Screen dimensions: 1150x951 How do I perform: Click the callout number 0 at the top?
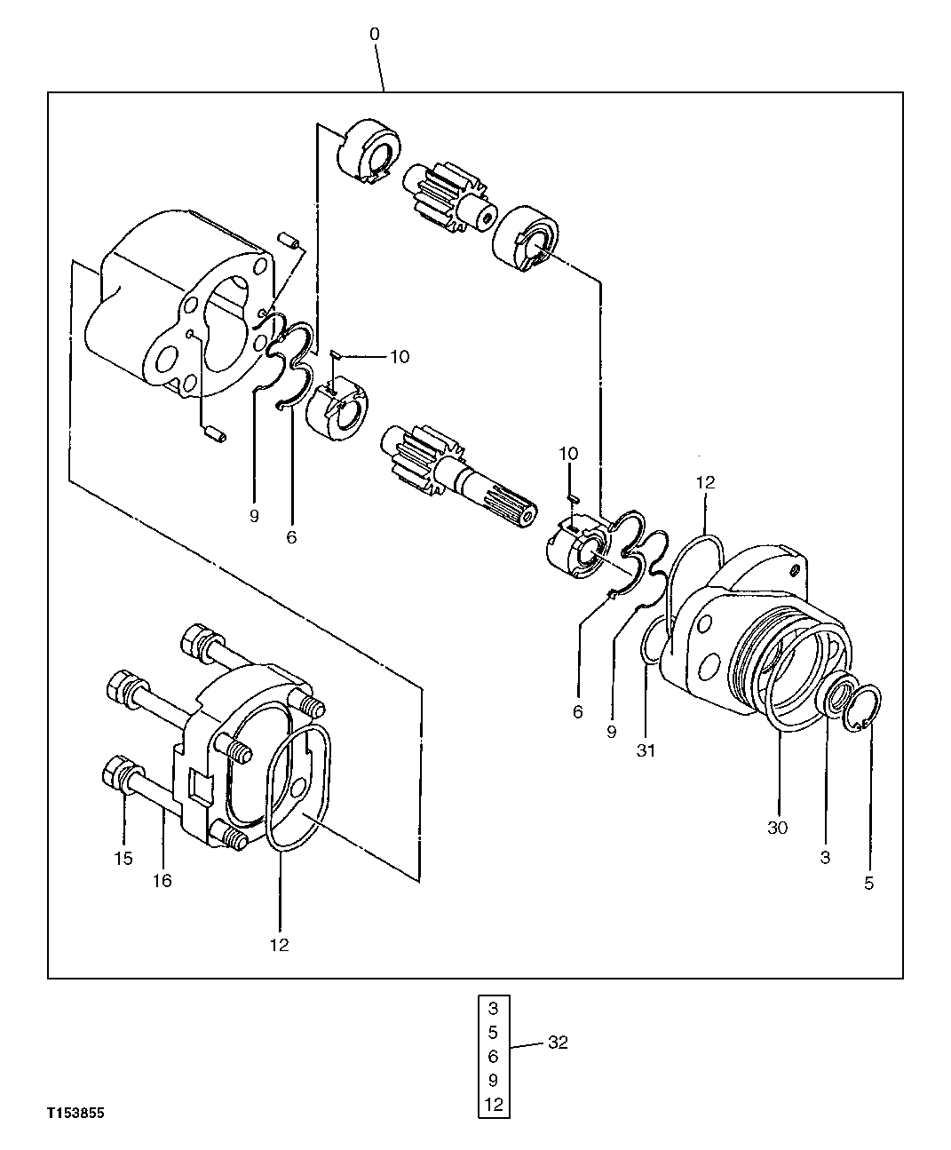(x=375, y=34)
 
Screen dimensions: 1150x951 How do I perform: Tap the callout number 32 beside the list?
(x=557, y=1043)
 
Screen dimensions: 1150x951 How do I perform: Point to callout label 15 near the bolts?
(x=123, y=859)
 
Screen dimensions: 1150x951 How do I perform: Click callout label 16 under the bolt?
(x=162, y=880)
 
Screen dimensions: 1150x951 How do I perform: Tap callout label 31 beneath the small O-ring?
(x=646, y=750)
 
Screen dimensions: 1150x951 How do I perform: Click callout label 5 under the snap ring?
(x=868, y=883)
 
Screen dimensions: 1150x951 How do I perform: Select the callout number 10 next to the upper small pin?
(x=399, y=356)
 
